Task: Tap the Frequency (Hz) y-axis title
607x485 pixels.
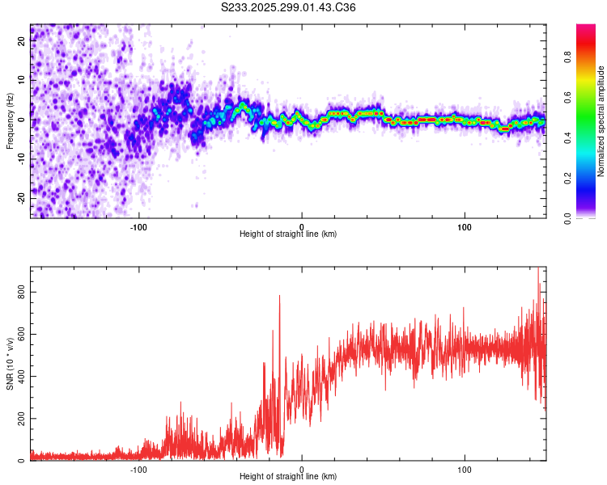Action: (x=10, y=121)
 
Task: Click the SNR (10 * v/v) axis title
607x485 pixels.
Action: (x=10, y=364)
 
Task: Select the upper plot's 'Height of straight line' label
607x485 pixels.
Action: (x=287, y=234)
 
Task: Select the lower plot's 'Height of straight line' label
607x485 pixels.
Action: (x=287, y=477)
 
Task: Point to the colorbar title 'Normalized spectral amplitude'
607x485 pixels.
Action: (x=601, y=121)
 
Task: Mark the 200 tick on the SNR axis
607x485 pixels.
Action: (x=21, y=419)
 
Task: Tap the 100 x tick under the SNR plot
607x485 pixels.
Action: (x=465, y=468)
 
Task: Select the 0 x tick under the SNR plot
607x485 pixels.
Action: (x=302, y=468)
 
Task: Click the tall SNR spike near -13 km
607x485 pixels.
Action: (x=280, y=297)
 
